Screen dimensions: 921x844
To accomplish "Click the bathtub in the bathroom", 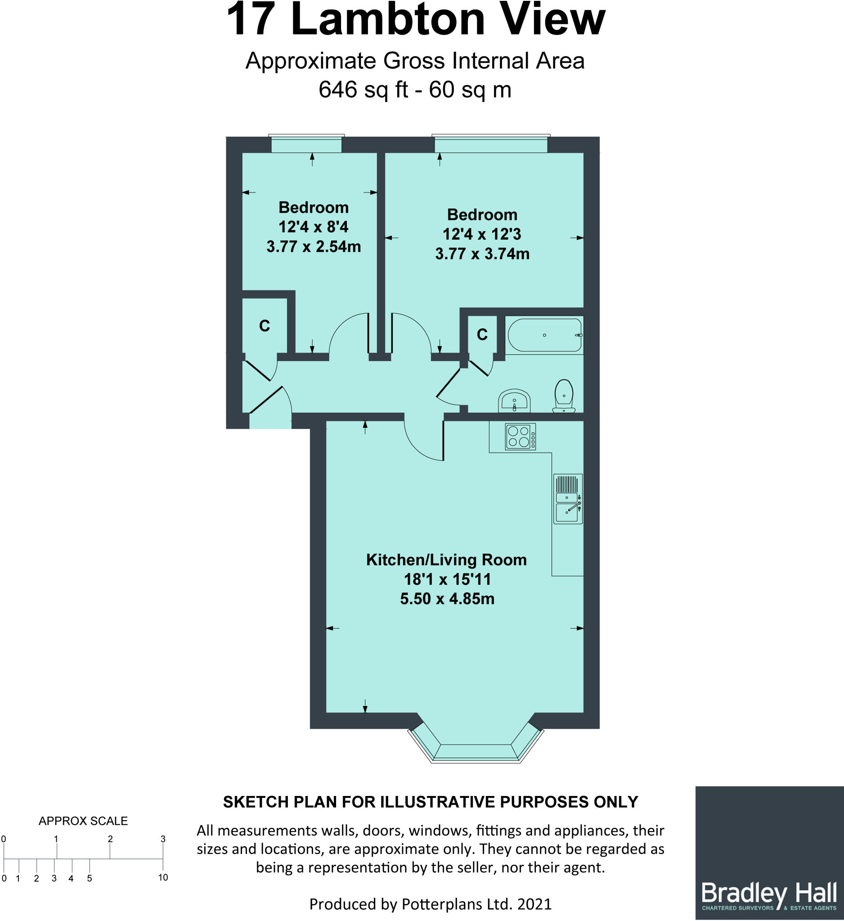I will pyautogui.click(x=544, y=335).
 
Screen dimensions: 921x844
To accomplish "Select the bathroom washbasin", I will pyautogui.click(x=515, y=401).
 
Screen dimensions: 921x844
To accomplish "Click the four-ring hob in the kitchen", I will pyautogui.click(x=520, y=436).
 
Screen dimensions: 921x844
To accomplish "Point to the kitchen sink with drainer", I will pyautogui.click(x=568, y=498).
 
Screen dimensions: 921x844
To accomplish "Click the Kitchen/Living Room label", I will pyautogui.click(x=446, y=559).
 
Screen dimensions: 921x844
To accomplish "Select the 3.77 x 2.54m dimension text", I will pyautogui.click(x=314, y=247).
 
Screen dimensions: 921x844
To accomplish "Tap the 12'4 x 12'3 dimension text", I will pyautogui.click(x=482, y=234).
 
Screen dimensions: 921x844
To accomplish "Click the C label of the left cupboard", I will pyautogui.click(x=264, y=326).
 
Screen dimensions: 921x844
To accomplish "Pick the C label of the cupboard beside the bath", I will pyautogui.click(x=482, y=335).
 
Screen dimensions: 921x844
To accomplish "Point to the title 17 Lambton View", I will pyautogui.click(x=415, y=20).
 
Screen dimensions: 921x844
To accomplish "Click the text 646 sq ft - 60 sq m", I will pyautogui.click(x=415, y=89).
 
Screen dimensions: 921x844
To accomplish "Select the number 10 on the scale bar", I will pyautogui.click(x=163, y=877).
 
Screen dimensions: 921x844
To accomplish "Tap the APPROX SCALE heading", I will pyautogui.click(x=83, y=821).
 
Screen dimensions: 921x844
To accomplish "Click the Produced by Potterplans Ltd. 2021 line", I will pyautogui.click(x=431, y=904).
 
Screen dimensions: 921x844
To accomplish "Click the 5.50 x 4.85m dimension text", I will pyautogui.click(x=447, y=599).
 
